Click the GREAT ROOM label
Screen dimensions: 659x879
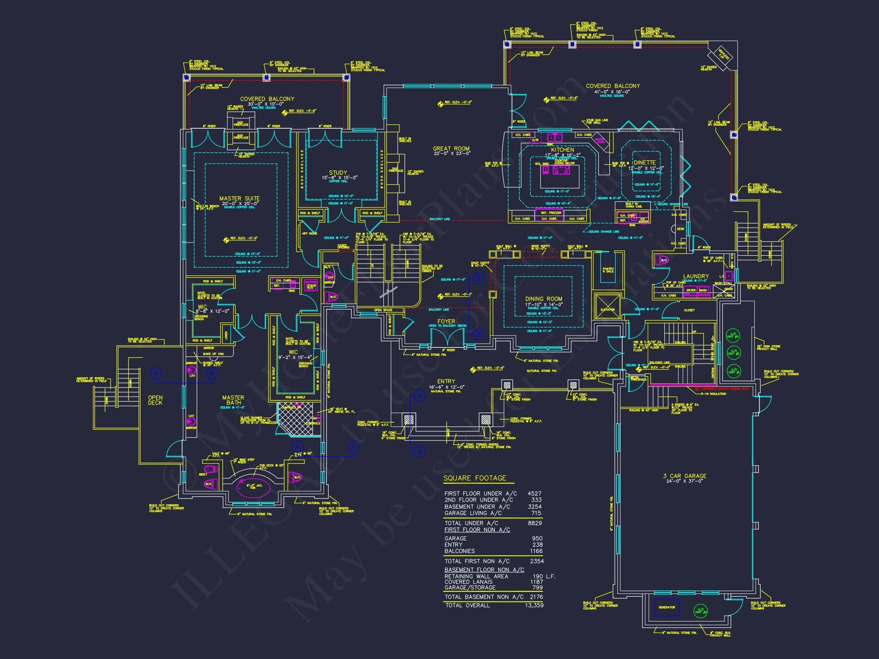tap(451, 149)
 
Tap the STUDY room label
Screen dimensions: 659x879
tap(338, 173)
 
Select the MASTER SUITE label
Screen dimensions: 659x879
tap(240, 199)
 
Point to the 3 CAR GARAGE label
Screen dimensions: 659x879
tap(685, 476)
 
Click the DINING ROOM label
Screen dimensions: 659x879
tap(544, 299)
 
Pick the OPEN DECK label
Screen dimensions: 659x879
tap(155, 400)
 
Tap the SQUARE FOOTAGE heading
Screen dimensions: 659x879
tap(475, 478)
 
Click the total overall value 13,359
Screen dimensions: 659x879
tap(534, 605)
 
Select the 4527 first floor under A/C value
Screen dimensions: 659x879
tap(534, 493)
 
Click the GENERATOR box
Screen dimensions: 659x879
tap(667, 608)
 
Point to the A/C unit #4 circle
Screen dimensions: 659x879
tap(700, 611)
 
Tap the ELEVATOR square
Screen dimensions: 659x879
tap(608, 306)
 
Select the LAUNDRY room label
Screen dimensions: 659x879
tap(696, 276)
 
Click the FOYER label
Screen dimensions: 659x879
tap(446, 321)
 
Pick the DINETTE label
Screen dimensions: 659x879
tap(644, 163)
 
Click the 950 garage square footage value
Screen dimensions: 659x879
tap(537, 538)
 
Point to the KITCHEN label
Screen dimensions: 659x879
tap(562, 150)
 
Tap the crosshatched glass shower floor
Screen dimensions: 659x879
tap(294, 420)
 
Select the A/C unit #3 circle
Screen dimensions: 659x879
tap(733, 336)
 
